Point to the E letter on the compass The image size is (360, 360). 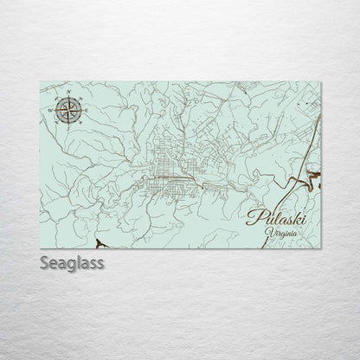pos(85,110)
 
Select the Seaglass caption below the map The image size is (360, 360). pos(72,260)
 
